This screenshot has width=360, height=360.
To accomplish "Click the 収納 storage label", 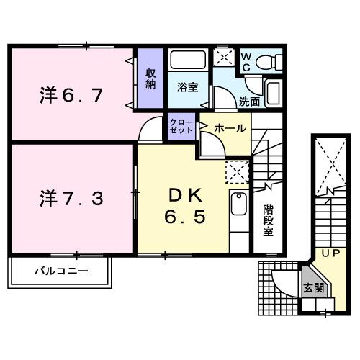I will (151, 78).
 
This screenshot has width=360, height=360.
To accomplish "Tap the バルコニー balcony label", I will (61, 272).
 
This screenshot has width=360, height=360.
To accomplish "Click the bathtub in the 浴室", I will (189, 60).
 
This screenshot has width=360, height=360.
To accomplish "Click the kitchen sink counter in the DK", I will (238, 208).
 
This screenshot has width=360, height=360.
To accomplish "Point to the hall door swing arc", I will (211, 142).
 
